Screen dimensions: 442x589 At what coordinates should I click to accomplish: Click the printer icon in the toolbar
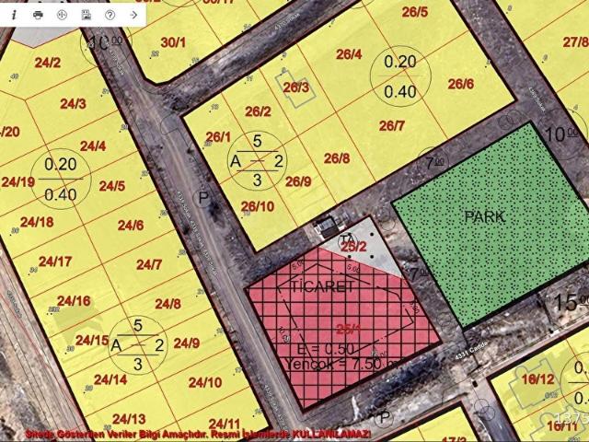(x=38, y=16)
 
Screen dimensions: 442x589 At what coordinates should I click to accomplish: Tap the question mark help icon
(x=110, y=16)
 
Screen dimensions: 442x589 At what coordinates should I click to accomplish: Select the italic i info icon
(x=14, y=16)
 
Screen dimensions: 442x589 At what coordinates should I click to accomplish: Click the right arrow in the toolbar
(x=133, y=16)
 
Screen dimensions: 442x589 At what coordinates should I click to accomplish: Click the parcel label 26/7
(x=392, y=125)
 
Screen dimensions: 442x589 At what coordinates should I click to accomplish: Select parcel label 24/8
(x=167, y=304)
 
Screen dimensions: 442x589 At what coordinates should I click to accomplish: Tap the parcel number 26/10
(x=258, y=205)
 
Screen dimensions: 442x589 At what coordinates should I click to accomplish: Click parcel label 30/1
(x=173, y=42)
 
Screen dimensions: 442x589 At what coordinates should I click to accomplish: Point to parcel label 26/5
(x=414, y=12)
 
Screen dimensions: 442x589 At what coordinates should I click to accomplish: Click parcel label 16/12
(x=538, y=378)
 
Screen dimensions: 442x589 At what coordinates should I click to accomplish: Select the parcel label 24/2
(x=47, y=63)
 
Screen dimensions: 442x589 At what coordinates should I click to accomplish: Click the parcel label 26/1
(x=218, y=137)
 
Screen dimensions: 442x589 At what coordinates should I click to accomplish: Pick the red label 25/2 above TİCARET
(x=353, y=246)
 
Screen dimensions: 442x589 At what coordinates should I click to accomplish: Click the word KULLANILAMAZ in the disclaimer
(x=331, y=433)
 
